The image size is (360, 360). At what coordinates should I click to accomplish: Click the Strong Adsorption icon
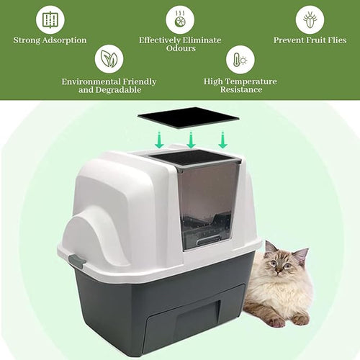(50, 19)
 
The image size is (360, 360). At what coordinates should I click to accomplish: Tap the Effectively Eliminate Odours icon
(179, 19)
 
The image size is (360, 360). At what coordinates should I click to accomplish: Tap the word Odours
(179, 50)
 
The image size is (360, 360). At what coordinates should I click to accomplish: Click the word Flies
(333, 40)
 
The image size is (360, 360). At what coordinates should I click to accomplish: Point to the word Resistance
(240, 91)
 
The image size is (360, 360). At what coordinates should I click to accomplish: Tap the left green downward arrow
(159, 140)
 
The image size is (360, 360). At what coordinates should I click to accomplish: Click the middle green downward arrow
(191, 140)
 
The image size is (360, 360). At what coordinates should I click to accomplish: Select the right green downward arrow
(222, 140)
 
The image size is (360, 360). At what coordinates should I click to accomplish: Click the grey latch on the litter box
(76, 263)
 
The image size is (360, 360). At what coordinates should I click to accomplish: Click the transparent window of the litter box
(206, 202)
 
